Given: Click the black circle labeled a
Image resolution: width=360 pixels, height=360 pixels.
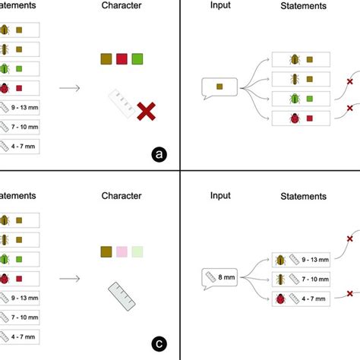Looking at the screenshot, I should pyautogui.click(x=159, y=155).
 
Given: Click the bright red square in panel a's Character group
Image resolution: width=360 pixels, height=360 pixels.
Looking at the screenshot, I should pyautogui.click(x=122, y=59).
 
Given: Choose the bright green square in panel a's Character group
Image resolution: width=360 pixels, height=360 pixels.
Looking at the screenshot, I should pyautogui.click(x=137, y=59).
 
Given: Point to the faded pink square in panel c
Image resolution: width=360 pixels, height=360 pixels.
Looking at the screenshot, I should pyautogui.click(x=122, y=251).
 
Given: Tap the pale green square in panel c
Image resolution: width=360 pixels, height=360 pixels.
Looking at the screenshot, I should pyautogui.click(x=137, y=251).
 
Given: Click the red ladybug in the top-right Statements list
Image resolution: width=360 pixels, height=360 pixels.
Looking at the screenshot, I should pyautogui.click(x=293, y=118).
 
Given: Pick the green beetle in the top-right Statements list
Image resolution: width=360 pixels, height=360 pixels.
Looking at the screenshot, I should pyautogui.click(x=293, y=98).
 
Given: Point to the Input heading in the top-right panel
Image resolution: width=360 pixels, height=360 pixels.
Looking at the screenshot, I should pyautogui.click(x=221, y=5).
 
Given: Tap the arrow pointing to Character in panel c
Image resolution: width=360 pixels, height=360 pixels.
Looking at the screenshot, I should pyautogui.click(x=70, y=278).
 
